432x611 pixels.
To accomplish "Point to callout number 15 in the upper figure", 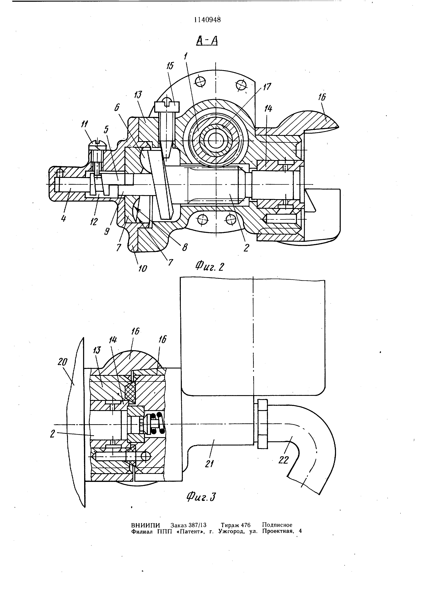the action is click(170, 66).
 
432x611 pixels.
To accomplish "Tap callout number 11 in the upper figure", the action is click(85, 124).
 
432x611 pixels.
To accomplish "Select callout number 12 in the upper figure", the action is click(94, 222).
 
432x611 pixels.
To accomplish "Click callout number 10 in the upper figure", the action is click(143, 268).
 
